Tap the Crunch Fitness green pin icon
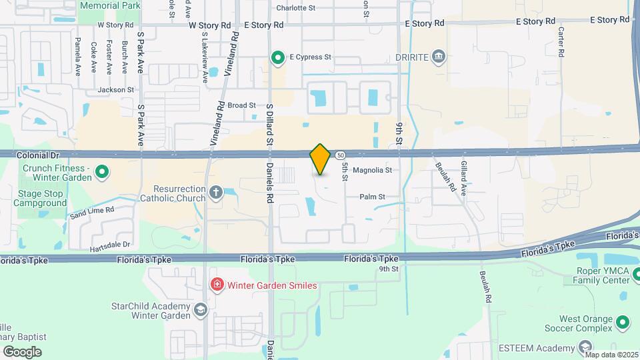102,173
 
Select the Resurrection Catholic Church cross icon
215,193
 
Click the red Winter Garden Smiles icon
217,285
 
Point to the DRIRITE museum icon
439,56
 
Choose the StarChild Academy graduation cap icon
200,310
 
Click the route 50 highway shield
340,155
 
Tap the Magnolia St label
371,171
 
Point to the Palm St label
373,197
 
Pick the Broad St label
241,105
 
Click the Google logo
21,351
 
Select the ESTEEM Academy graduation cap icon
585,347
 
